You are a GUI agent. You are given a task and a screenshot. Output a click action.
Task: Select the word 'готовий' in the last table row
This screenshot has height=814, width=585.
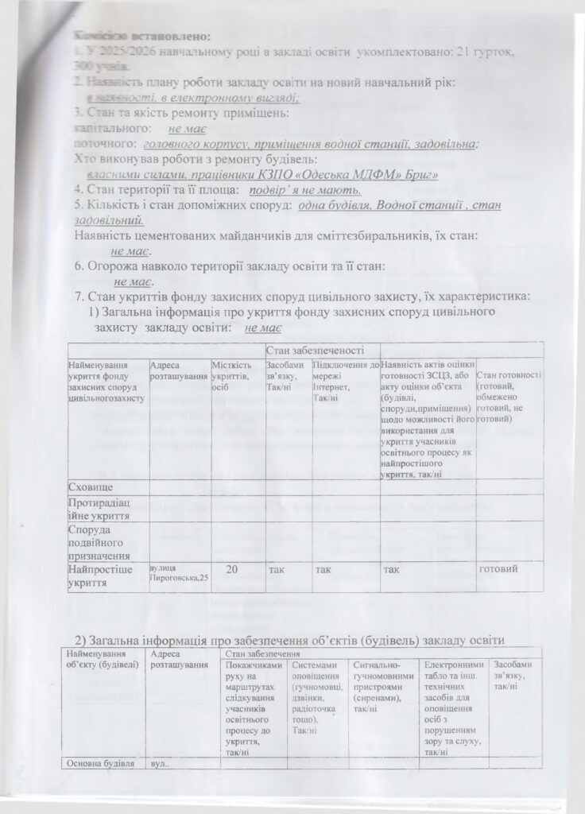tap(499, 570)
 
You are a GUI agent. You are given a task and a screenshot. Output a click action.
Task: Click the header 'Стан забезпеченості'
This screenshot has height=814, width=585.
tap(321, 350)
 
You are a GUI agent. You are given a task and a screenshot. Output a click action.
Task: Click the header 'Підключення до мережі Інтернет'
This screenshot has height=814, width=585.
tap(346, 376)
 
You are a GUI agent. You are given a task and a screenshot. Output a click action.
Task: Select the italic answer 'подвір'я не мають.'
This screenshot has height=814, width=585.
tap(305, 190)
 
